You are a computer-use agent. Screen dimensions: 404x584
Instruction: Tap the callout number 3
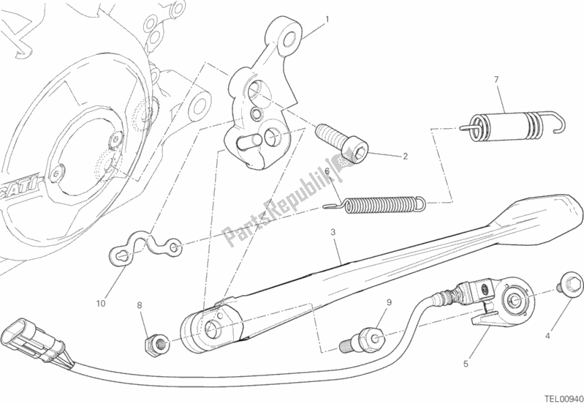coord(333,233)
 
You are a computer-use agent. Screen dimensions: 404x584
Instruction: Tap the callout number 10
coord(100,302)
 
